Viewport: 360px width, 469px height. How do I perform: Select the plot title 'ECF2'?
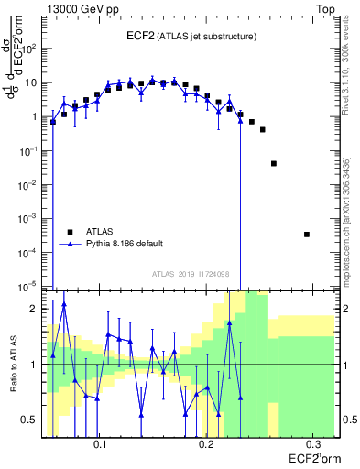point(141,36)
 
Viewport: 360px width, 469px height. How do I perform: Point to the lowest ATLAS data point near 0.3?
point(307,234)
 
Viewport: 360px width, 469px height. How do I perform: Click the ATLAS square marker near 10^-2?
point(274,163)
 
